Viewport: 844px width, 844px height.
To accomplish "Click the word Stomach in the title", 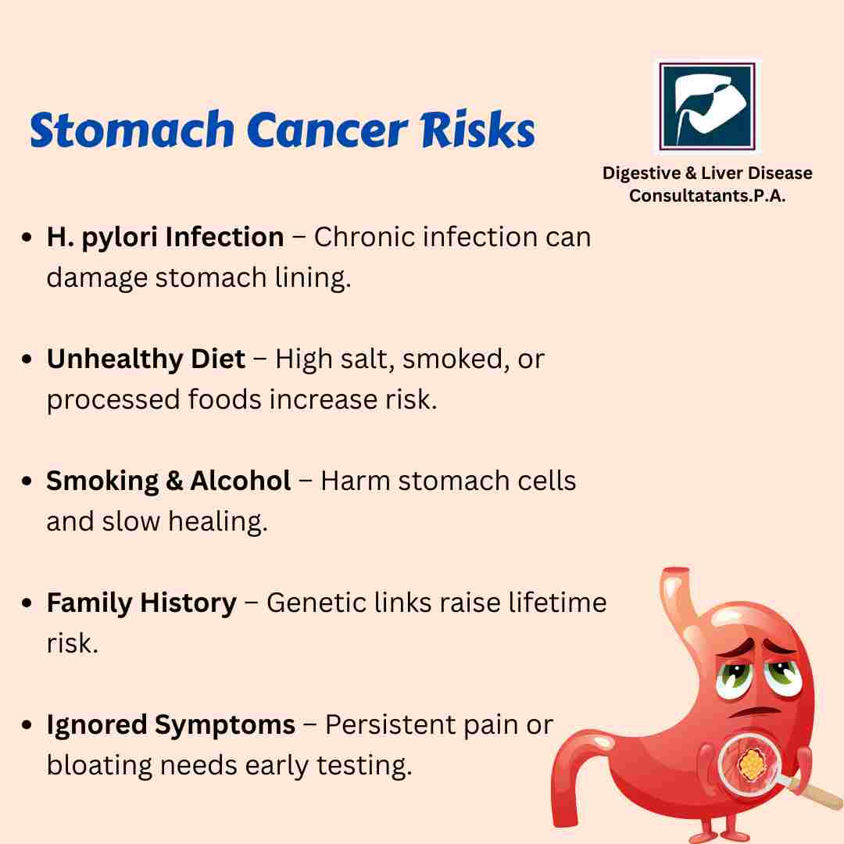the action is point(131,129).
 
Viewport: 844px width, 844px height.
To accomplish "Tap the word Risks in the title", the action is point(478,129).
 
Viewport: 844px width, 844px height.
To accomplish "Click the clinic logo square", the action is point(707,106).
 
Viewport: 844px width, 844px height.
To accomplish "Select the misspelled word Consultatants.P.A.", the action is point(707,195).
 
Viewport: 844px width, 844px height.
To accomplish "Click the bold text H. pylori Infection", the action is point(165,238).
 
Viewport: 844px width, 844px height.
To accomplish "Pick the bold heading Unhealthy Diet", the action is point(146,359).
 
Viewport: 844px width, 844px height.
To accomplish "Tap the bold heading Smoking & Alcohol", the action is point(169,481).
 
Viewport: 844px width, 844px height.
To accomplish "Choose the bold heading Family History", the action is point(141,603).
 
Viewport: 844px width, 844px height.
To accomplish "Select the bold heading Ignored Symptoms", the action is point(170,725).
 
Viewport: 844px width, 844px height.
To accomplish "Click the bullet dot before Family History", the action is point(27,603).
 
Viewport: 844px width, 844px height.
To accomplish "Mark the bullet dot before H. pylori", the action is point(27,238).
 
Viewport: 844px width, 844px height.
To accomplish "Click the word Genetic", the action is point(316,603).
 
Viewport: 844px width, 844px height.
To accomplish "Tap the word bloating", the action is point(99,765).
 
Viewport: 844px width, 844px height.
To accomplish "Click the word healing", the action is point(218,521).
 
